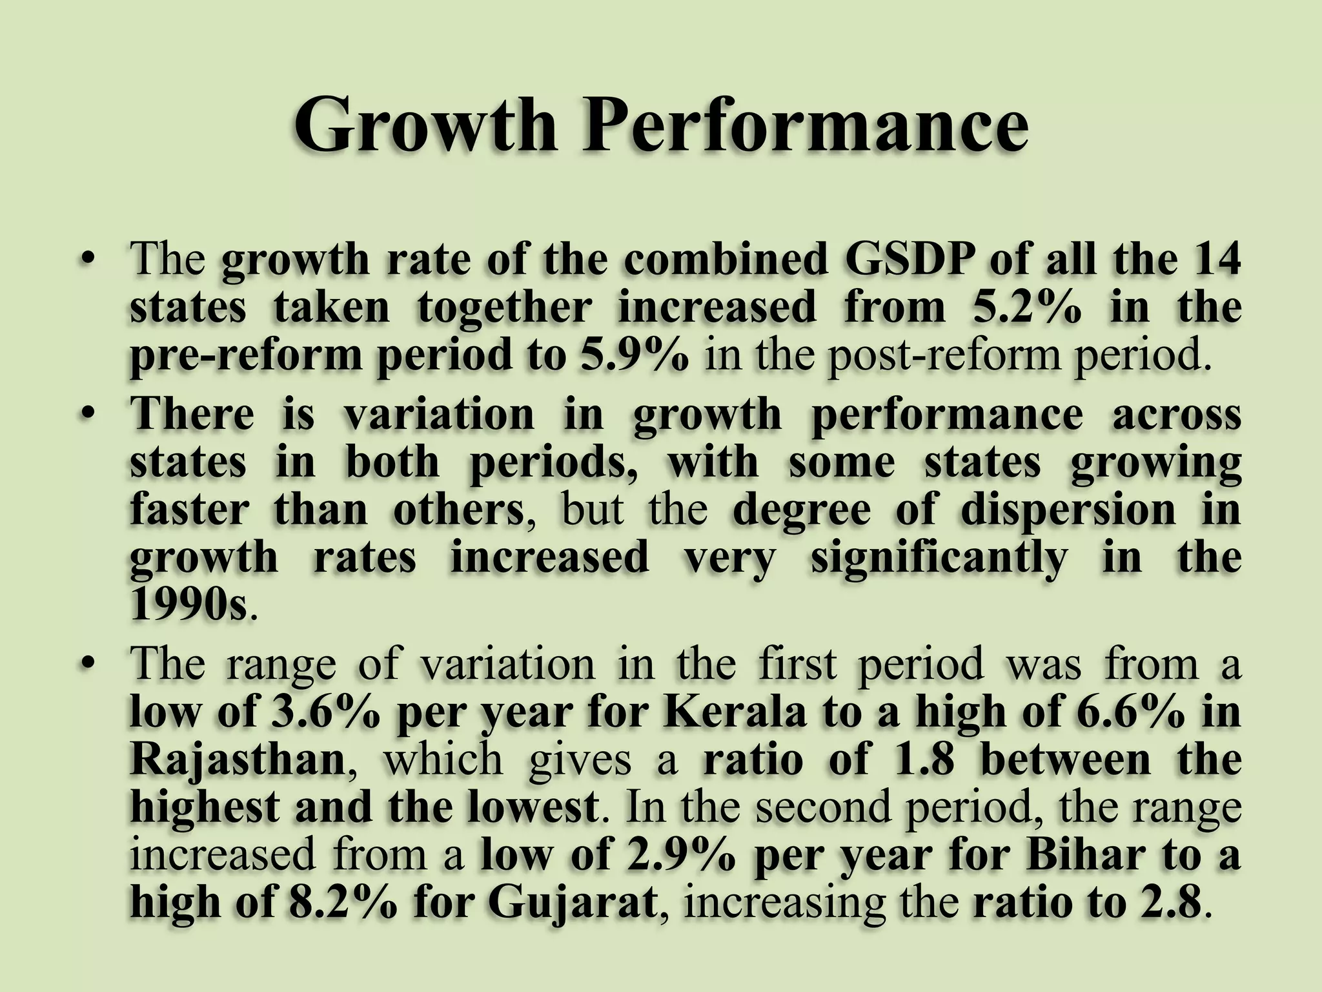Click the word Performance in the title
804,123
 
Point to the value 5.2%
1026,307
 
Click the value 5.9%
634,355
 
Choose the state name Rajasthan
238,759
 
